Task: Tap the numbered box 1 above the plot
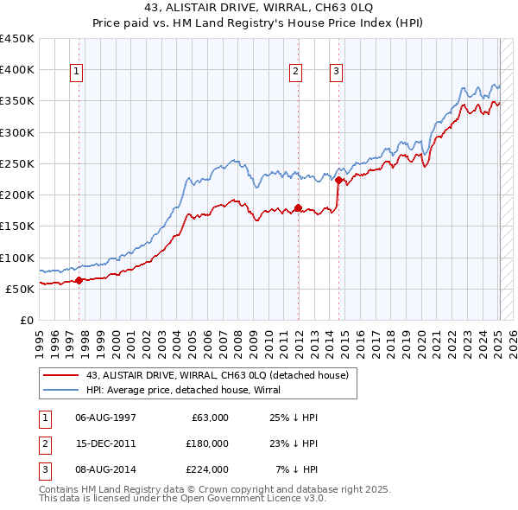77,72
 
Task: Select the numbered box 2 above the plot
296,72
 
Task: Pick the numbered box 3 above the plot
336,72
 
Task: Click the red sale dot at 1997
79,280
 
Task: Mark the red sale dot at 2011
298,207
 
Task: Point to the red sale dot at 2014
338,180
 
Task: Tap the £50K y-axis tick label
21,289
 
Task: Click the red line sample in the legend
60,375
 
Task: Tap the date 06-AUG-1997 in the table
106,418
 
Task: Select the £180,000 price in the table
207,443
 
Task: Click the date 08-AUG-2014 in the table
106,469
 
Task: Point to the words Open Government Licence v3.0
250,499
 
